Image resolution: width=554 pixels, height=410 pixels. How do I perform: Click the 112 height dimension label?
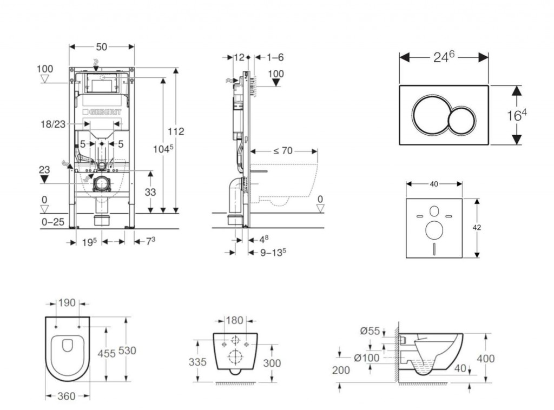[x=176, y=131]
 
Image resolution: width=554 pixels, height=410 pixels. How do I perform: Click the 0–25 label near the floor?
[x=52, y=222]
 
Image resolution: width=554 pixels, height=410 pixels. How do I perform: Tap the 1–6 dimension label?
[x=275, y=57]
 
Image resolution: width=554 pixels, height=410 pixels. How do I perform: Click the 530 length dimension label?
[x=127, y=351]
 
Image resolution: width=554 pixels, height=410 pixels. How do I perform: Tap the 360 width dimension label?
[x=67, y=396]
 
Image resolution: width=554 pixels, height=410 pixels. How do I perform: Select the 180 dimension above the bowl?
[x=234, y=321]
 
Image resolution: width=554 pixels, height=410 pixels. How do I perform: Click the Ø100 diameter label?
[x=366, y=358]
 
